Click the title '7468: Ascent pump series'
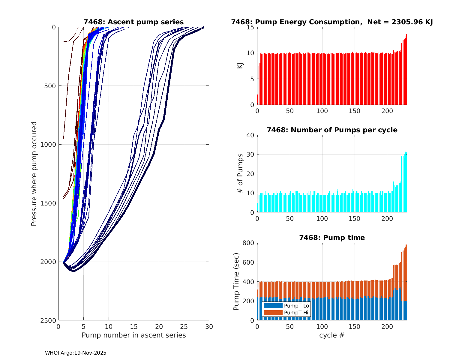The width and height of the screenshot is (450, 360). (133, 22)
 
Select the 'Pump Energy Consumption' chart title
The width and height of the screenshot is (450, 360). (332, 22)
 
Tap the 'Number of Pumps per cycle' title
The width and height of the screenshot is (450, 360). (332, 130)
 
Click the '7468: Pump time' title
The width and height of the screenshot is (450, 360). (332, 238)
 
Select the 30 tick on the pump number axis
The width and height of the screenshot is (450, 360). (209, 326)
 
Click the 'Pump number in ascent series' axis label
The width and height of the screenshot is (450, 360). (133, 335)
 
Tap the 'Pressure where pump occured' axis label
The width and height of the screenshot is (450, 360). (34, 174)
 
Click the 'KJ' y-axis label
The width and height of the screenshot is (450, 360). (240, 66)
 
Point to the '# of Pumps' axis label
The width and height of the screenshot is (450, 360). (240, 173)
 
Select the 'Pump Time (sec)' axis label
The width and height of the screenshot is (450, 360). (236, 281)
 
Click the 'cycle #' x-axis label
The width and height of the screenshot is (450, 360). (332, 335)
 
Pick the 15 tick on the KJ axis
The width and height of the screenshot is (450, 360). (250, 27)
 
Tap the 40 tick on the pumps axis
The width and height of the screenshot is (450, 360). (250, 135)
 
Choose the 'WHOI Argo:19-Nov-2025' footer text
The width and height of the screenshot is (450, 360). (76, 353)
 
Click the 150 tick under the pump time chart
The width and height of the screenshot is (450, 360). (355, 326)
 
